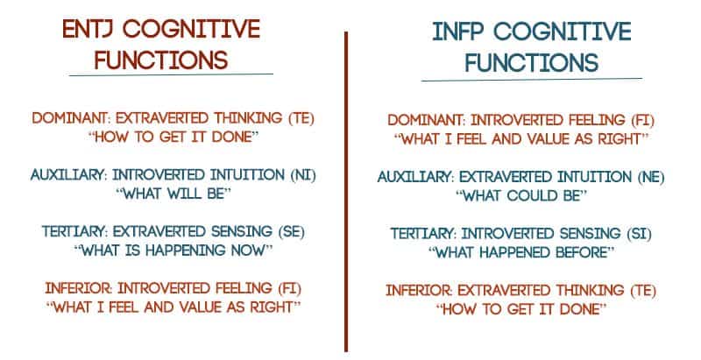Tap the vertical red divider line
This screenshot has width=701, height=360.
tap(346, 192)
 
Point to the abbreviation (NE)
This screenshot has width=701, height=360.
tap(651, 177)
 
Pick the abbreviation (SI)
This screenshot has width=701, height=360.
tap(639, 234)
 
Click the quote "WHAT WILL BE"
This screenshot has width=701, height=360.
tap(173, 194)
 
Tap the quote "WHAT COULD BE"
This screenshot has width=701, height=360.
tap(520, 195)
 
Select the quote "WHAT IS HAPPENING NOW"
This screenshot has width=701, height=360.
tap(173, 251)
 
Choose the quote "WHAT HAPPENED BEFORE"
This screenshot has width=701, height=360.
tap(520, 252)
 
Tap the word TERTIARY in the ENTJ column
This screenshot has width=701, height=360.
tap(75, 231)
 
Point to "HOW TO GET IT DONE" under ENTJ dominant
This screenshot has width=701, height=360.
tap(173, 137)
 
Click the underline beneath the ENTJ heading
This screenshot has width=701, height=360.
tap(171, 74)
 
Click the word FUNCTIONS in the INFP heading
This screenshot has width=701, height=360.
tap(532, 62)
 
